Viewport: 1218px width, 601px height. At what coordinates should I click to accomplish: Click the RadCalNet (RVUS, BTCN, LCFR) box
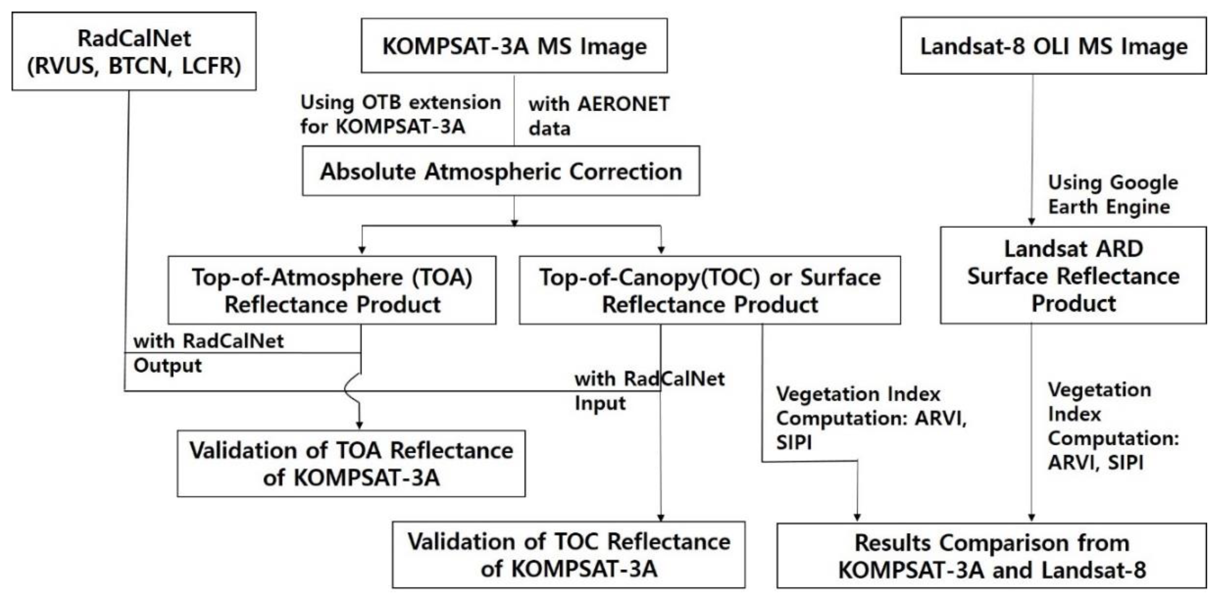click(x=134, y=52)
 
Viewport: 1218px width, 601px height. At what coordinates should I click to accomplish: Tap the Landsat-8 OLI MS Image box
click(x=1053, y=46)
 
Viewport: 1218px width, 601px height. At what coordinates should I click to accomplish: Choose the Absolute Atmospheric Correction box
click(x=501, y=171)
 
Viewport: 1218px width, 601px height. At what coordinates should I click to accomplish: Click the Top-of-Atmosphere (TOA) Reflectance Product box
click(x=332, y=290)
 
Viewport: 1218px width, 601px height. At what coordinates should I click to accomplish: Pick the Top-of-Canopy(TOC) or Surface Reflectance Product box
click(x=709, y=290)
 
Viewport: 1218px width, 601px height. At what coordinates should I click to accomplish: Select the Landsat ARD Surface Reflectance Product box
click(x=1073, y=275)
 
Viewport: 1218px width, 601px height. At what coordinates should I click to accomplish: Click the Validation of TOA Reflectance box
click(x=351, y=463)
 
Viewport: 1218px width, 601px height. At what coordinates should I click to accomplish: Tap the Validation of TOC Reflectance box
click(x=568, y=555)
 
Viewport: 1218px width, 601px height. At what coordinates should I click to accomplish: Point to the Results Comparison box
click(x=992, y=556)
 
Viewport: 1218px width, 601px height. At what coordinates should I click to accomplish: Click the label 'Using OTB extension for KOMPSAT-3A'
click(x=400, y=114)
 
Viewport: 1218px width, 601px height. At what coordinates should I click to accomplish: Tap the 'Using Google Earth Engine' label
click(x=1112, y=195)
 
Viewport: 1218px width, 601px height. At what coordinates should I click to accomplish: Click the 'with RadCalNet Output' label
click(x=208, y=353)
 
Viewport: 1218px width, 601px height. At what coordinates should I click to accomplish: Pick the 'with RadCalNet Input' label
click(x=649, y=391)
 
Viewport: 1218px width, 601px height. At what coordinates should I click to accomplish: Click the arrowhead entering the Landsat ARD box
click(x=1032, y=222)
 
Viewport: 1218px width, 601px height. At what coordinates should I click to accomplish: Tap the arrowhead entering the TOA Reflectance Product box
click(x=362, y=250)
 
